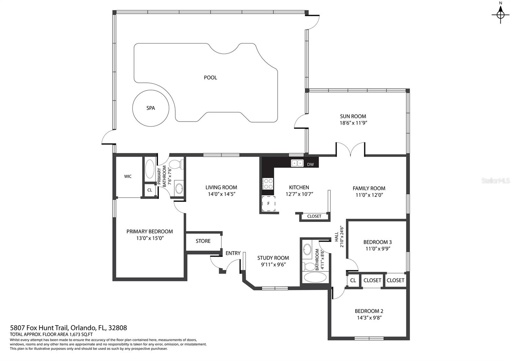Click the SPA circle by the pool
point(150,108)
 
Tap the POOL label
point(210,78)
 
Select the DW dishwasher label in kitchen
point(310,165)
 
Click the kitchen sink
point(297,163)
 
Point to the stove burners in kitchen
point(268,183)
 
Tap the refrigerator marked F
point(268,204)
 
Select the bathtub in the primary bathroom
point(149,168)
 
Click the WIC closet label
point(128,176)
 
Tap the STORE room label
point(203,241)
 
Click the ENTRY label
point(233,253)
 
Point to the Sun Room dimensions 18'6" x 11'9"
point(353,123)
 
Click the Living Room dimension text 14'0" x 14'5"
point(221,194)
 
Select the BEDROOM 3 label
point(378,242)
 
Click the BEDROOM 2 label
point(369,311)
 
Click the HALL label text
point(337,237)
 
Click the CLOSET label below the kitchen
point(314,216)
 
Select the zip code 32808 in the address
point(118,328)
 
